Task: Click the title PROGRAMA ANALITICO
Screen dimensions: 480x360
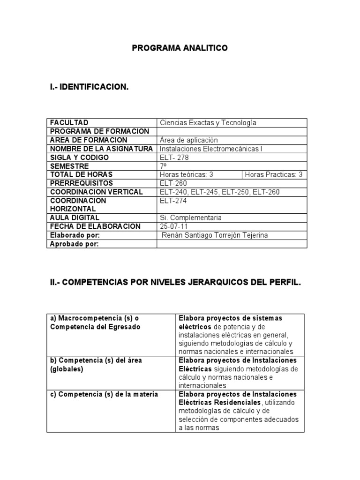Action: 180,48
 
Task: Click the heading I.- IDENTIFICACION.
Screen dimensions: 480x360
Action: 89,87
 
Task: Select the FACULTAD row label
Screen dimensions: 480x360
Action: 69,122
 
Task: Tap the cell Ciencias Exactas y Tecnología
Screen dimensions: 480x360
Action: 208,122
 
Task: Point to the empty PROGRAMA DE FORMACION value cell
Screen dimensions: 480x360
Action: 232,131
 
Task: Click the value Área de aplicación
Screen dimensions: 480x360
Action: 189,140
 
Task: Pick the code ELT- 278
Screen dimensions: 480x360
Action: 174,157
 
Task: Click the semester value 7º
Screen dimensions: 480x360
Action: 164,166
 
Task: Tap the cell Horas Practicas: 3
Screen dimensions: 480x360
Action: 274,175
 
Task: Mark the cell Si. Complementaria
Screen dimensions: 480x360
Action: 191,218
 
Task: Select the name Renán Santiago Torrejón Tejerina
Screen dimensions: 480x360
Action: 215,235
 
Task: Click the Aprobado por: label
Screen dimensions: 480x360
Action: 74,244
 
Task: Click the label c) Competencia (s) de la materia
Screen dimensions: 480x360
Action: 104,394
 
